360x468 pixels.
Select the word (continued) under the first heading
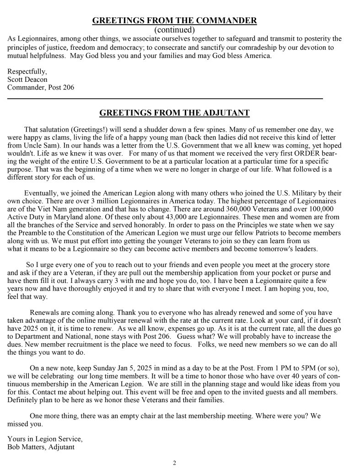pos(175,30)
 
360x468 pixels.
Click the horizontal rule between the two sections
pos(165,98)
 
